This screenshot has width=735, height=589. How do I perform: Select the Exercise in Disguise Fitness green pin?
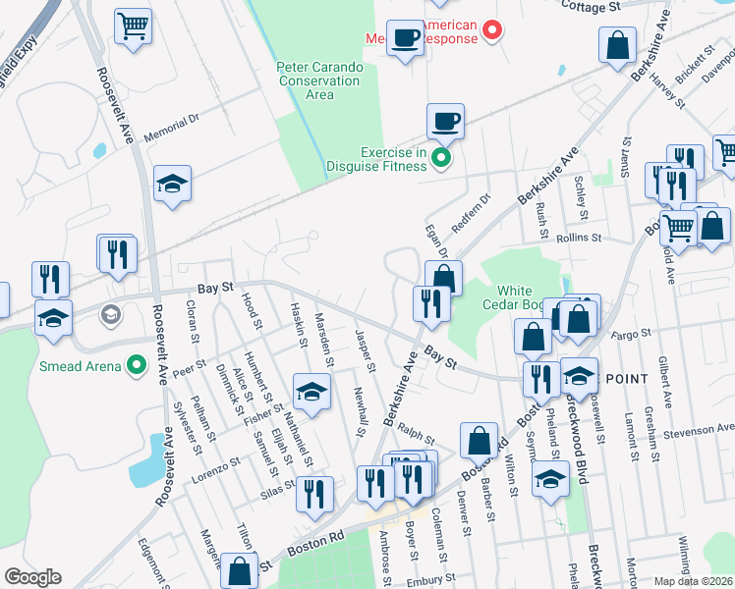(441, 157)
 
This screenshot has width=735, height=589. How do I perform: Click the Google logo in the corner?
(31, 577)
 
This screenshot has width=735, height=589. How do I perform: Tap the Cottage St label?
(592, 6)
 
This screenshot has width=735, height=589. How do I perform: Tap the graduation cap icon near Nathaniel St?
(311, 392)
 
